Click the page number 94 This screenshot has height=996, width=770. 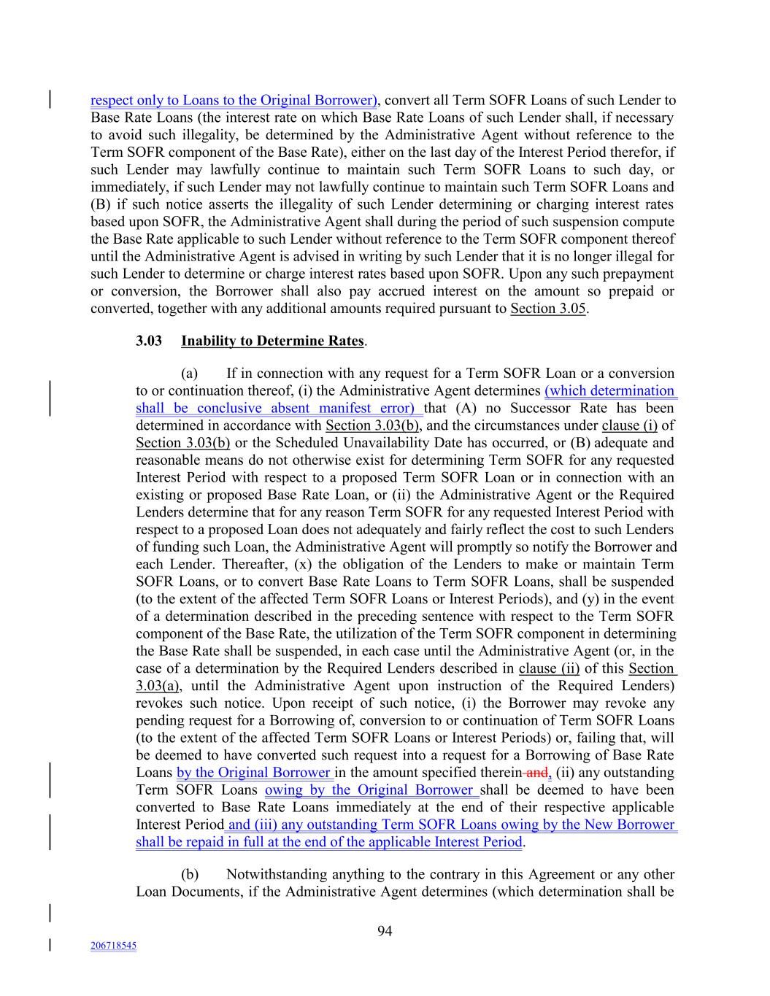click(x=385, y=930)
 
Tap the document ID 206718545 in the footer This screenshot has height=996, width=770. click(x=113, y=946)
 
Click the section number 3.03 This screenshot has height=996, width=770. click(x=149, y=341)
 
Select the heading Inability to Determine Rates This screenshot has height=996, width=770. click(x=272, y=341)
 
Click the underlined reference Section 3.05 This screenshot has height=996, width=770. click(x=547, y=308)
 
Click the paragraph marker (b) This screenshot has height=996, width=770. click(x=190, y=874)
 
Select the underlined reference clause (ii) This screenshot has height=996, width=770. click(x=549, y=668)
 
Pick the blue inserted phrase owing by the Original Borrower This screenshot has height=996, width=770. click(x=369, y=790)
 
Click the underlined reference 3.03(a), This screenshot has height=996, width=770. click(x=158, y=685)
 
